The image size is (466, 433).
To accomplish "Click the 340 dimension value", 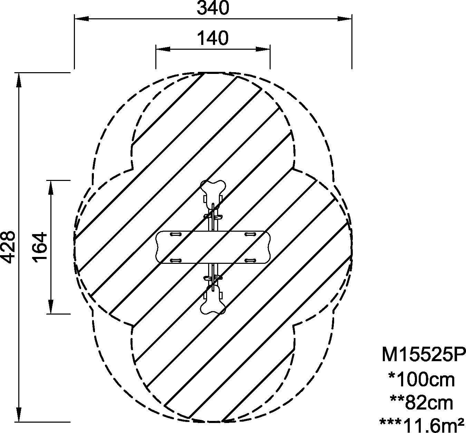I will [213, 8].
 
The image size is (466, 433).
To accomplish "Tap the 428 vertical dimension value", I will [8, 247].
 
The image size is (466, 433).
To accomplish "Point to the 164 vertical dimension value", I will [40, 247].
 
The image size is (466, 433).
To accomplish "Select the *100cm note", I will [421, 380].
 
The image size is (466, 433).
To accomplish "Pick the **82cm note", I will [421, 403].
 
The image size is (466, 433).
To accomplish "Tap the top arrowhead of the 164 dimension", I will [51, 187].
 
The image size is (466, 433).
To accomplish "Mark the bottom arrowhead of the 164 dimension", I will [51, 307].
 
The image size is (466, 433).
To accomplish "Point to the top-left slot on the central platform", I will [176, 234].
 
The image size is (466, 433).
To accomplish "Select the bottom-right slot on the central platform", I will [250, 260].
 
